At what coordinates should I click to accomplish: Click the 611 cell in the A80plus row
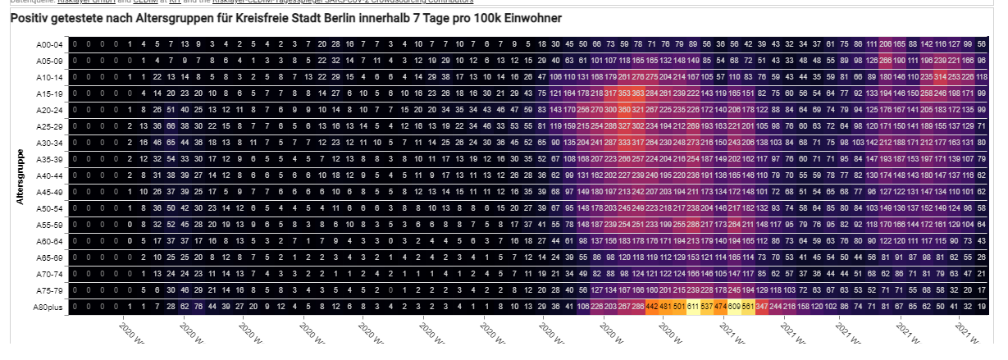click(x=694, y=307)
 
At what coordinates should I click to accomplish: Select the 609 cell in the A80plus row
click(x=735, y=307)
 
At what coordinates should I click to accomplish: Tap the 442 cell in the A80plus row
click(x=653, y=307)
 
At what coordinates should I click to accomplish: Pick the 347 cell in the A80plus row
click(x=762, y=307)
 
